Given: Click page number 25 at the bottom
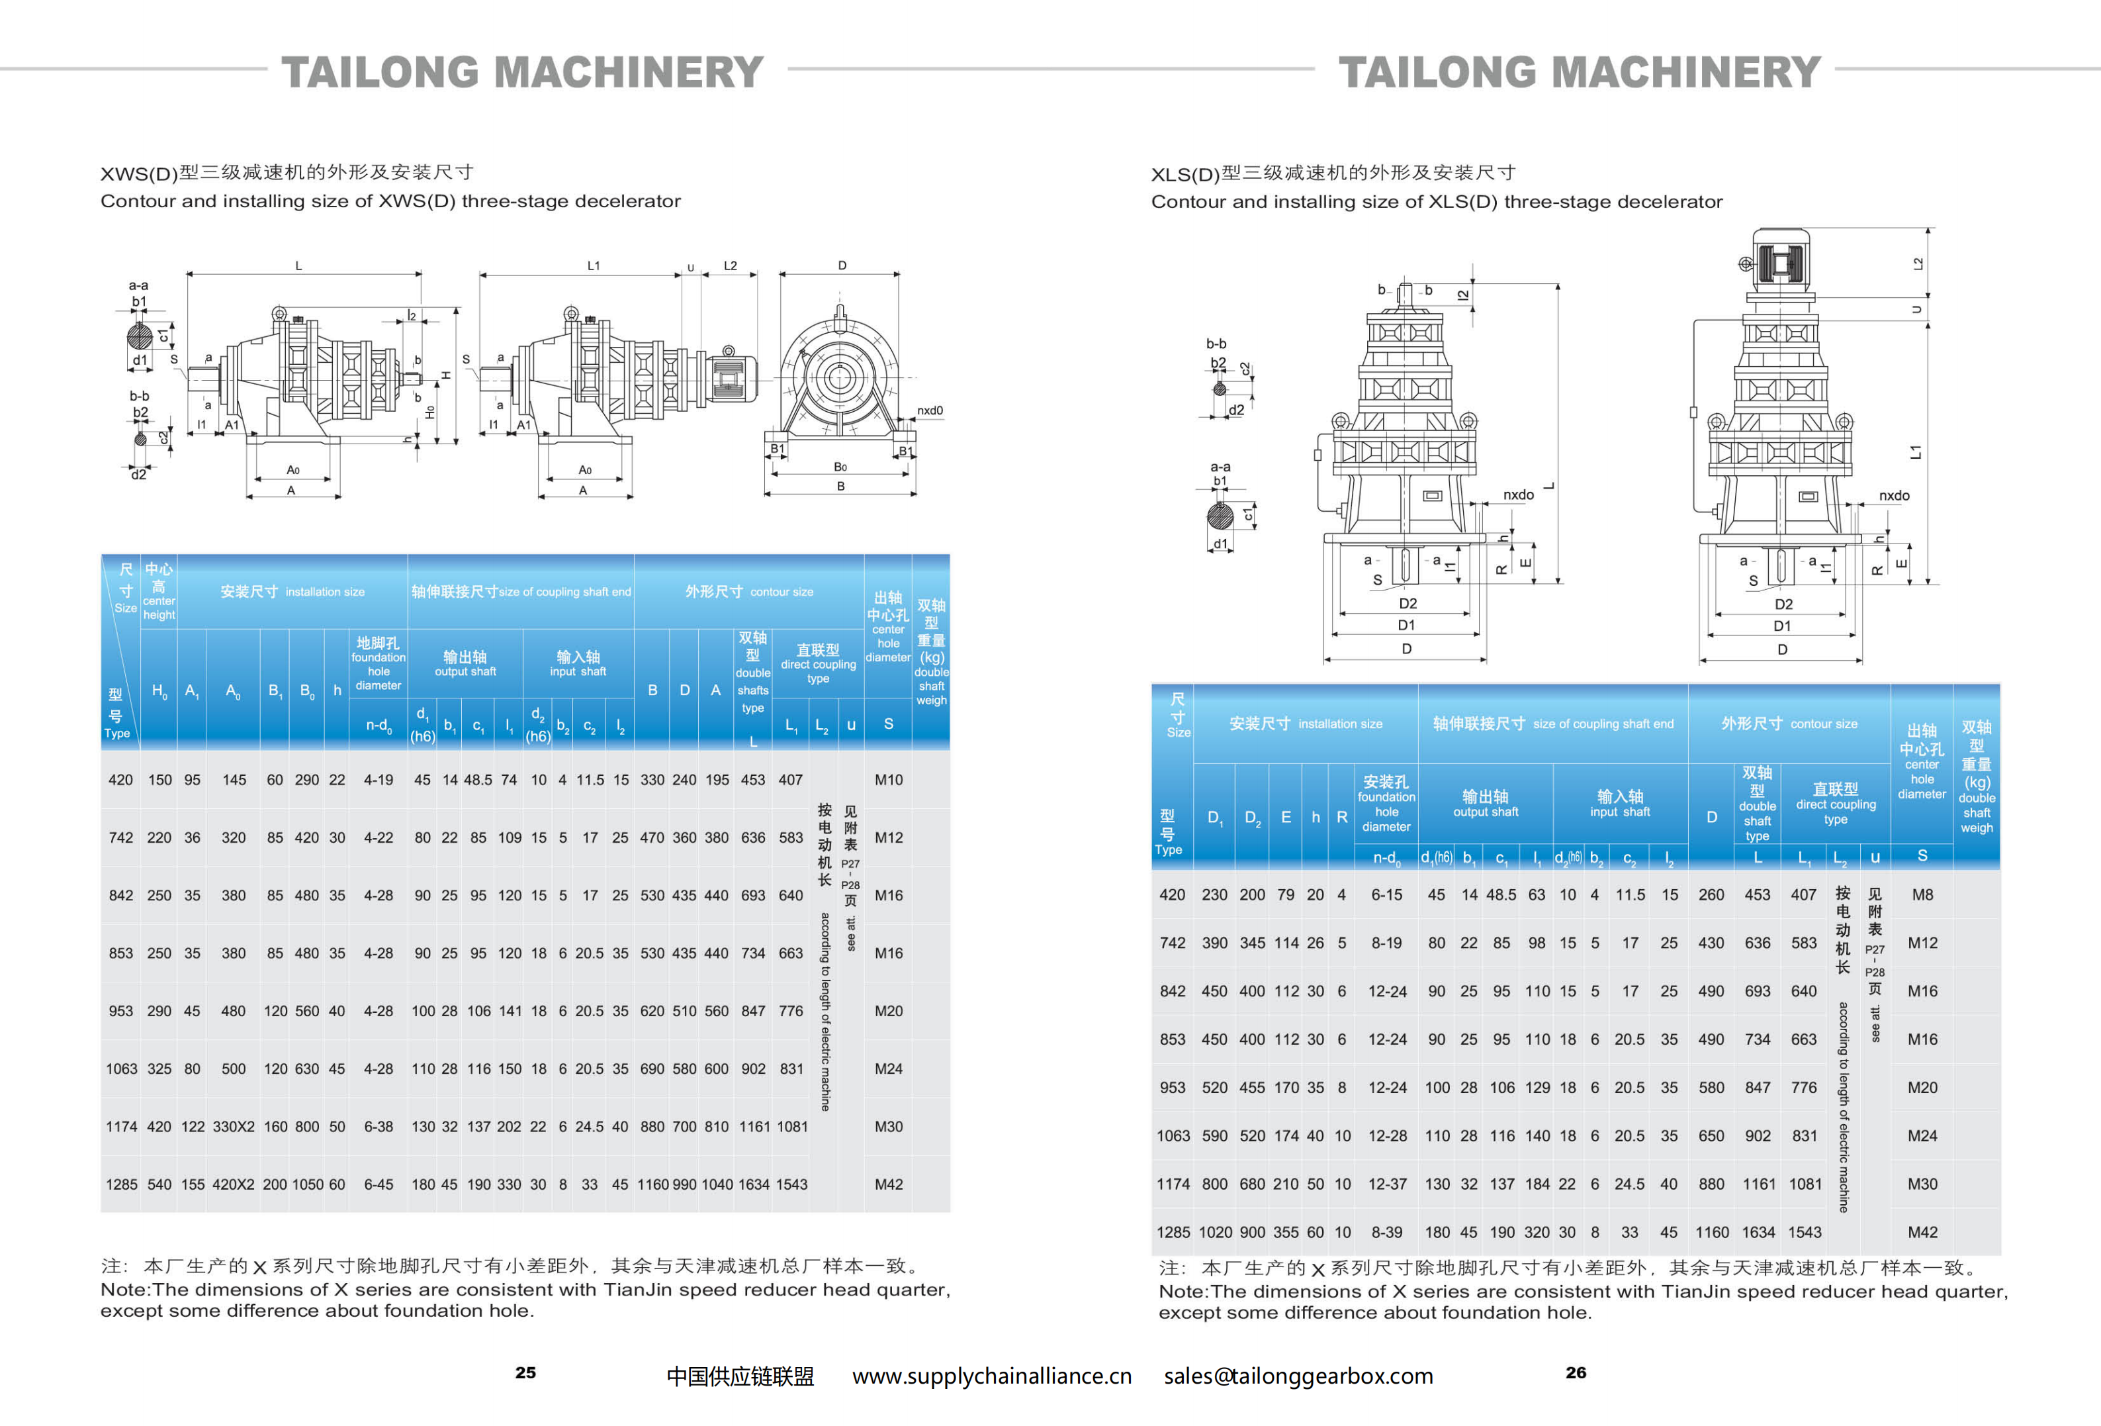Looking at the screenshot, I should (x=525, y=1372).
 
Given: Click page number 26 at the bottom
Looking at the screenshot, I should (x=1576, y=1372).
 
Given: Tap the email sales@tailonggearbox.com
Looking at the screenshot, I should (x=1298, y=1376).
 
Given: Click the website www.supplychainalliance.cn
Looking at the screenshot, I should (x=992, y=1376).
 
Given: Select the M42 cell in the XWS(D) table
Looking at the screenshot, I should (x=888, y=1184).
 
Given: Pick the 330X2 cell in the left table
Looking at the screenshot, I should (x=233, y=1127).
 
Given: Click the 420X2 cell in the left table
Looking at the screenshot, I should (x=233, y=1184).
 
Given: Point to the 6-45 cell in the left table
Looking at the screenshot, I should (x=378, y=1184).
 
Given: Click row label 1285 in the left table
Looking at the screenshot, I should (x=121, y=1184).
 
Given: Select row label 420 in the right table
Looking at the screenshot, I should (x=1172, y=894).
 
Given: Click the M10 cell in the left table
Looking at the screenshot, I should (x=888, y=779).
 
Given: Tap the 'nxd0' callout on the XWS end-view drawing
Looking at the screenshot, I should (x=929, y=410).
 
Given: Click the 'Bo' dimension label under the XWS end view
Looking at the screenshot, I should (x=840, y=467).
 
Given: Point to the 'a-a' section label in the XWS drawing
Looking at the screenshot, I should (x=138, y=285).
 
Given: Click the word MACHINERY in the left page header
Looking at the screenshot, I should (x=629, y=72).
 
